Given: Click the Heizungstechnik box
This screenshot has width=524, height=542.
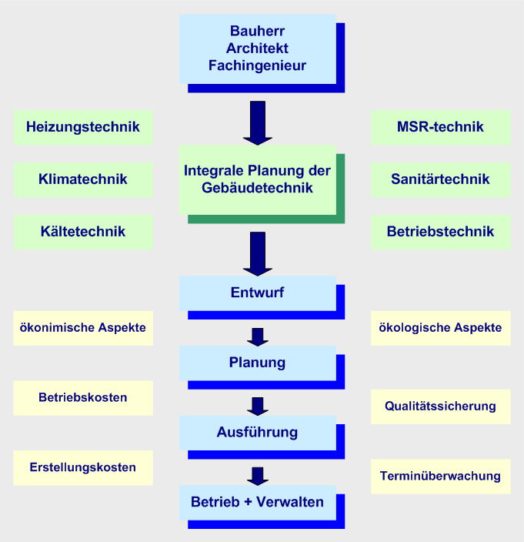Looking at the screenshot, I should point(83,127).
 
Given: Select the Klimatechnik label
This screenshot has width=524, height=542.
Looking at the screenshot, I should point(83,179).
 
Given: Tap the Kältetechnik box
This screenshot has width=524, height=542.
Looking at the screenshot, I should point(83,231).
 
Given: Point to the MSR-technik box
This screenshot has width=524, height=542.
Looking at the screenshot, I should point(440,127).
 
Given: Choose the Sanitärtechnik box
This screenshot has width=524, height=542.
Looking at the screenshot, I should point(440,179).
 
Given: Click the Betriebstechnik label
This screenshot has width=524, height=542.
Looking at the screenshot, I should point(440,231).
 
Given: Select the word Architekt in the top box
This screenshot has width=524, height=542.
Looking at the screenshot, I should point(257,49).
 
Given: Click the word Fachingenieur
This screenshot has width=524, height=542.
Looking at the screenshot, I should point(257,65).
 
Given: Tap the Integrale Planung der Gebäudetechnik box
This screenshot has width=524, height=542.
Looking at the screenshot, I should point(257,179).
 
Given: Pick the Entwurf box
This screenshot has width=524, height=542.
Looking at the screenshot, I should point(257,293).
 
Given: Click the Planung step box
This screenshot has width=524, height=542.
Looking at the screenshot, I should point(257,362).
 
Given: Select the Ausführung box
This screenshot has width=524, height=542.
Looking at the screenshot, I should point(257,432).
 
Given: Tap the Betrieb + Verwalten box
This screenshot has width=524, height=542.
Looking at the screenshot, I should point(257,502).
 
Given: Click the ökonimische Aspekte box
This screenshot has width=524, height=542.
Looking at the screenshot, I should point(83,328).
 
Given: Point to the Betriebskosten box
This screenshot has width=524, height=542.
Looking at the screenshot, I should point(83,397).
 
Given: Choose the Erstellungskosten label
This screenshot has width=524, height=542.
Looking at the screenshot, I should point(83,467).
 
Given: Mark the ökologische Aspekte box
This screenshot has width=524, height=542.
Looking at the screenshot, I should point(440,328).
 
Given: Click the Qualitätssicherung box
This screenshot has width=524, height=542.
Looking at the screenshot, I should point(440,406).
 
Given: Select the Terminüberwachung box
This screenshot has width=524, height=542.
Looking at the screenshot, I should point(440,476).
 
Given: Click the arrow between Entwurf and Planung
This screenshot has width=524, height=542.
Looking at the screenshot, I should point(259,336).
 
